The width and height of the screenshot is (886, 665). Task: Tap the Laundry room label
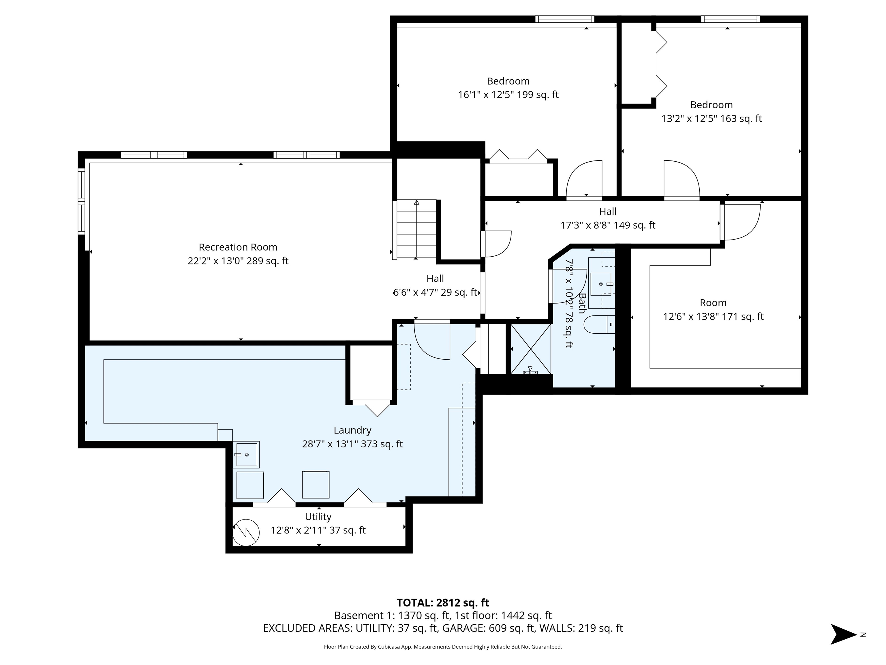tap(352, 431)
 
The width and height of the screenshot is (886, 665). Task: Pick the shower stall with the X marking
tap(531, 349)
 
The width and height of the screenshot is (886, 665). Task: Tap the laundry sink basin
tap(246, 455)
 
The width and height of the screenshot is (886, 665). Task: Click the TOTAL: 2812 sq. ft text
tap(443, 603)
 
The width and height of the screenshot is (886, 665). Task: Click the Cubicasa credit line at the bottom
tap(443, 647)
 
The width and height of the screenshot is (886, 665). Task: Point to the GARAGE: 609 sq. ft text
tap(488, 628)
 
